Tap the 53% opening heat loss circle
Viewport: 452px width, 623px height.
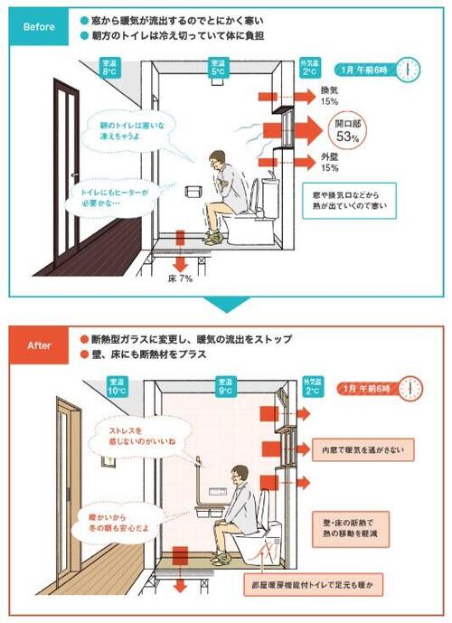coord(347,131)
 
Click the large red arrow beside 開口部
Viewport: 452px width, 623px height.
coord(293,130)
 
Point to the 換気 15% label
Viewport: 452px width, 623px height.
coord(330,96)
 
